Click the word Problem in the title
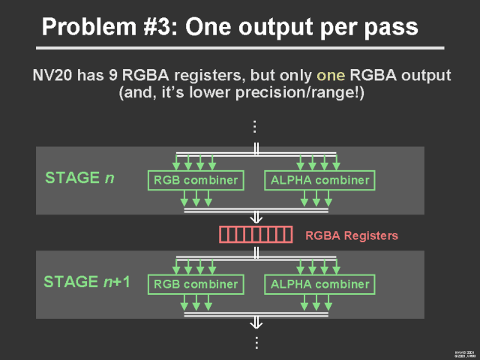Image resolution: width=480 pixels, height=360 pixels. (82, 27)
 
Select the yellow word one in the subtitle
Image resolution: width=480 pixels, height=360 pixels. (330, 76)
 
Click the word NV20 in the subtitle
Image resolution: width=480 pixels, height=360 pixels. (52, 76)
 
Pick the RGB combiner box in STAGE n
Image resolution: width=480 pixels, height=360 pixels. (196, 179)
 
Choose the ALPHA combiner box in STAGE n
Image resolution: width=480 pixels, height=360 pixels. (319, 179)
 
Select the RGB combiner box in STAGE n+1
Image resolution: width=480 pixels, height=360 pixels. (196, 284)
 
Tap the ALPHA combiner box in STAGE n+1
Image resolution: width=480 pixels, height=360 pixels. (319, 284)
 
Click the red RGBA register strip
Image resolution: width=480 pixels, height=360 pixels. (255, 235)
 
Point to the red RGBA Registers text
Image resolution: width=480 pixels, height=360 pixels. (352, 235)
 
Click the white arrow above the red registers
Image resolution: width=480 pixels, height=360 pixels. (256, 216)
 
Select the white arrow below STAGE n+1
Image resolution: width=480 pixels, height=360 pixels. (256, 321)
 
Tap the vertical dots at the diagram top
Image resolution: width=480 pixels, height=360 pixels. (256, 126)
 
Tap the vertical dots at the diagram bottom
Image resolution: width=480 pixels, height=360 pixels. (256, 342)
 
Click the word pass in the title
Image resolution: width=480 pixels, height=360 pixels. (390, 27)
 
